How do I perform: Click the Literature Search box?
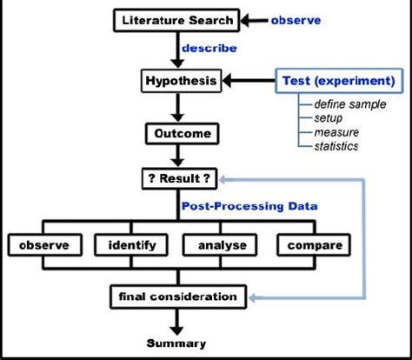coord(176,20)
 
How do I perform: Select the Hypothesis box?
coord(182,81)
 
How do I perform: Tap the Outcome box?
coord(183,134)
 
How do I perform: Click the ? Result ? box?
coord(179,178)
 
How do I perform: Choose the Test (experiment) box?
coord(339,81)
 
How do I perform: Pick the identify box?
coord(131,245)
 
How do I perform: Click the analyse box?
coord(220,245)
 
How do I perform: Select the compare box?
coord(314,245)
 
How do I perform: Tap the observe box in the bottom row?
coord(45,245)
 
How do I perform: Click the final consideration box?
coord(178,297)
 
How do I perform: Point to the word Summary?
coord(176,343)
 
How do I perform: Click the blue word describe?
coord(209,48)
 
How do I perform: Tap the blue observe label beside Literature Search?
coord(296,20)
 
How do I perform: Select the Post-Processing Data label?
coord(249,206)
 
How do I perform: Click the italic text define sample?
coord(350,104)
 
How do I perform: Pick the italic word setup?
coord(329,118)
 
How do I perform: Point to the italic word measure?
coord(336,132)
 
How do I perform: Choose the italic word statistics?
coord(336,146)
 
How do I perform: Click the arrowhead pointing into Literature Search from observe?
coord(245,21)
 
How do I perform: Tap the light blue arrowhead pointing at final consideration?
coord(252,297)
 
